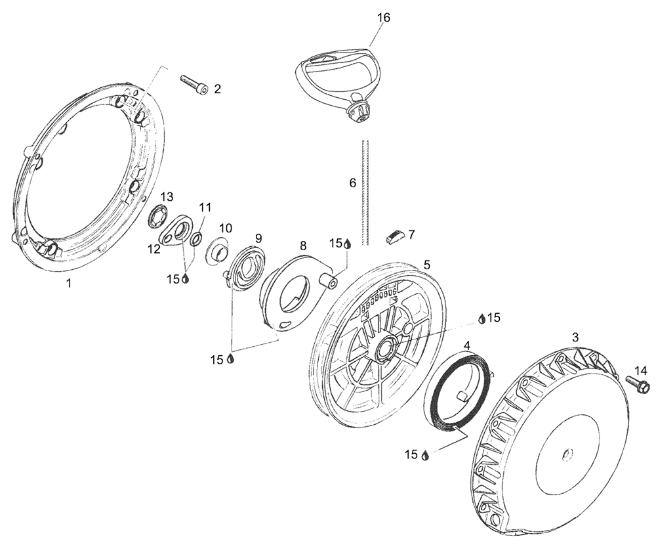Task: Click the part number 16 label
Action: [383, 18]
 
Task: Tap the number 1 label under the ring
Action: [68, 283]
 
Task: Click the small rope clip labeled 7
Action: [394, 236]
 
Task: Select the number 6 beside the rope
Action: [352, 183]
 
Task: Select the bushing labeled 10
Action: [218, 252]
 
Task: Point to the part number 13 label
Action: [167, 196]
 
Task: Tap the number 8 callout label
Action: [302, 245]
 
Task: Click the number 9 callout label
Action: [258, 237]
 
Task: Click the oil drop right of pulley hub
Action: [482, 318]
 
